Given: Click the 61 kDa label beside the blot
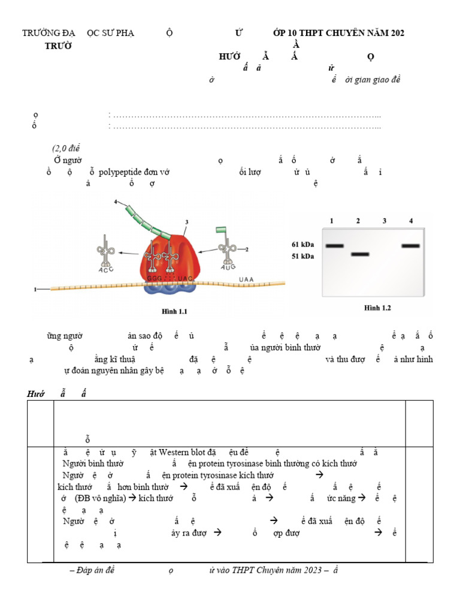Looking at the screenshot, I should [x=302, y=245].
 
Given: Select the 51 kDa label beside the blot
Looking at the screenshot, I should [x=302, y=256].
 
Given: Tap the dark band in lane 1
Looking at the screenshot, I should [x=334, y=246].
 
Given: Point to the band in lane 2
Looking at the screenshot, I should [x=359, y=254].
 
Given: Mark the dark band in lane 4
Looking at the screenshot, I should [x=411, y=246].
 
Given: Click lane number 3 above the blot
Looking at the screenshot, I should [x=385, y=221].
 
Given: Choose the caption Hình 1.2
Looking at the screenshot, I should [x=377, y=308].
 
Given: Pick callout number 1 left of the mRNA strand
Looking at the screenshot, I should [x=35, y=290].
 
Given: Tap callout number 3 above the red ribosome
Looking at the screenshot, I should [x=187, y=222].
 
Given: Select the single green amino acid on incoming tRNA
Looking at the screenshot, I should [x=221, y=230].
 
